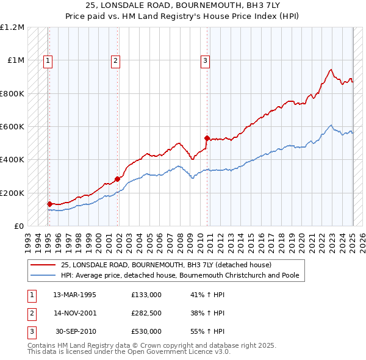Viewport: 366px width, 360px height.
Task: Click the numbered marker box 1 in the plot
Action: [48, 60]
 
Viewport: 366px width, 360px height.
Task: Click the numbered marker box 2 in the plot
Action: [115, 60]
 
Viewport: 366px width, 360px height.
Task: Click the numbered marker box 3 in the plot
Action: [205, 60]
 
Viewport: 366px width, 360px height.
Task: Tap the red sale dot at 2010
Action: [207, 138]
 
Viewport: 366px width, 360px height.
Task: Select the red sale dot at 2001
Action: [118, 179]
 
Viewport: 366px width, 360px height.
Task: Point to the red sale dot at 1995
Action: [49, 204]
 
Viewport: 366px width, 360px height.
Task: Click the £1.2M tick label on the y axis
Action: [12, 27]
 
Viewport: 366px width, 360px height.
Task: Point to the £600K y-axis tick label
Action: [12, 127]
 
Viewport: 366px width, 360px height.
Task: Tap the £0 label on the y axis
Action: [18, 226]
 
